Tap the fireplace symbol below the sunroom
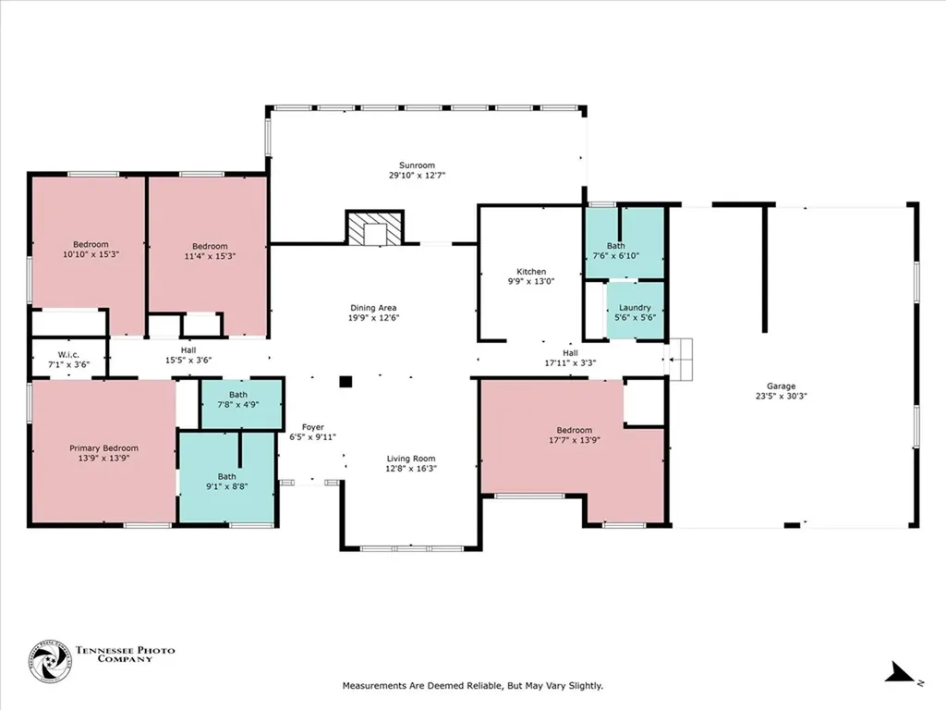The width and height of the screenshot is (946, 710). [x=375, y=228]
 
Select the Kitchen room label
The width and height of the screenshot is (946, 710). [x=530, y=272]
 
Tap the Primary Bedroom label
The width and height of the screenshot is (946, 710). [x=103, y=447]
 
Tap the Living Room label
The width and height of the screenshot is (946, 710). [x=411, y=459]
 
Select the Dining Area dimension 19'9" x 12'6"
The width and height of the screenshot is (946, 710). [x=374, y=318]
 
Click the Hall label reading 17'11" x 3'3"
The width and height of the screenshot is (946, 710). [x=570, y=362]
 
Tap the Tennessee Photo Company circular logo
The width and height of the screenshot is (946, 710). [x=50, y=662]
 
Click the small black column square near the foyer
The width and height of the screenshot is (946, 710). [x=346, y=381]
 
